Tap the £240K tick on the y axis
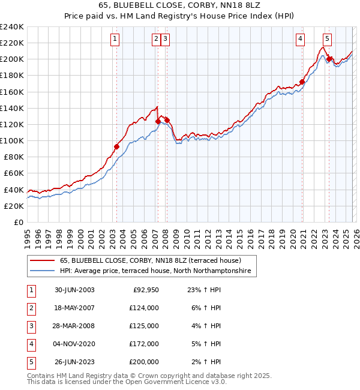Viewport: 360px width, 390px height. coord(12,27)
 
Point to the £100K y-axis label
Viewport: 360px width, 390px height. coord(12,140)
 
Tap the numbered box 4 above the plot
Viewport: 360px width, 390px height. coord(300,40)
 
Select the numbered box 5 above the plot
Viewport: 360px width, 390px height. coord(326,40)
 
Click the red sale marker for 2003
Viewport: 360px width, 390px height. coord(117,146)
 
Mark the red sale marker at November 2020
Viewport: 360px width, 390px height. coord(302,82)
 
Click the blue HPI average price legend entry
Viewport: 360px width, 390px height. coord(157,271)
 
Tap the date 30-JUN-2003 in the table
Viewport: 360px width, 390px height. coord(74,290)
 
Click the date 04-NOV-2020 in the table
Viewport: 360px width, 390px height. coord(74,344)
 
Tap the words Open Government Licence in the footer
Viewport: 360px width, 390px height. coord(175,382)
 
